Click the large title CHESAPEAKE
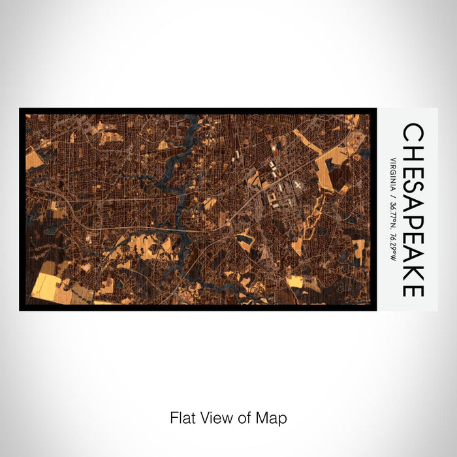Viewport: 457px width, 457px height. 413,210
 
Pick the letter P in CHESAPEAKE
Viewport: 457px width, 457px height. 413,221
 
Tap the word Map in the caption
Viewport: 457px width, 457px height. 274,418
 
